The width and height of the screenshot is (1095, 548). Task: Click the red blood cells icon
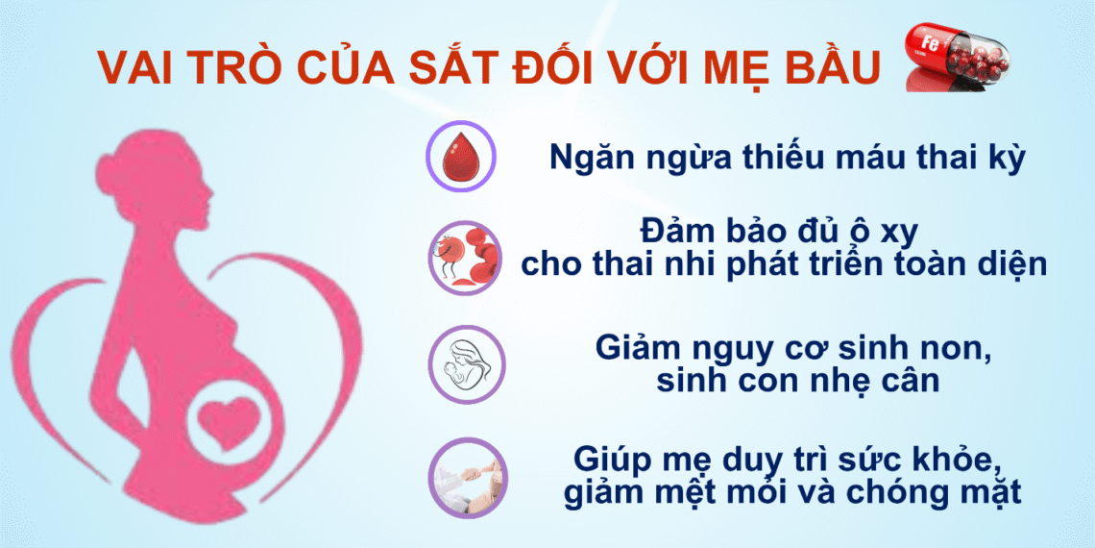(463, 257)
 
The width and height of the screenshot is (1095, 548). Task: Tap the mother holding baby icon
(462, 363)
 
